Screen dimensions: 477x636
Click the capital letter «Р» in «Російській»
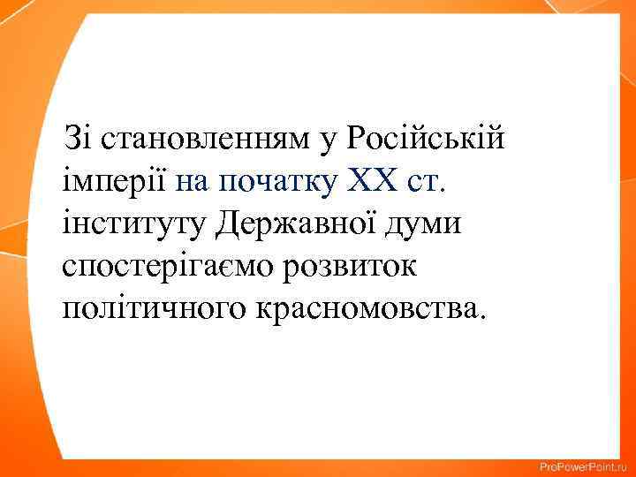tap(356, 139)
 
